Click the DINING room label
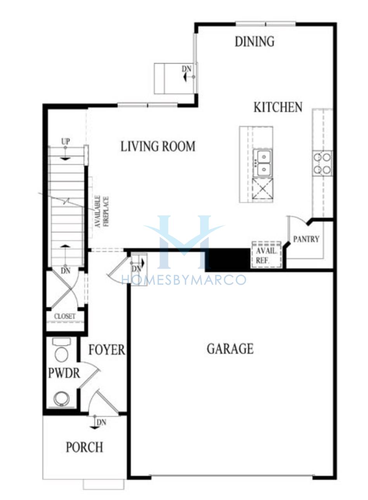pos(255,42)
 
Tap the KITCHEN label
pos(278,107)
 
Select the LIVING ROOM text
pos(158,147)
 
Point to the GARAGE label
pos(230,349)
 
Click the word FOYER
pos(107,350)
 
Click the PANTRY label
pos(306,239)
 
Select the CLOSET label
pos(65,316)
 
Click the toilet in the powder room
pos(62,350)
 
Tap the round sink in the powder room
pos(61,398)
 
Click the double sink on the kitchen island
pos(262,163)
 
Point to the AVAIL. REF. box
pos(266,254)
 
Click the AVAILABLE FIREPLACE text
pos(102,212)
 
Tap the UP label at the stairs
pos(66,141)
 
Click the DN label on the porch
pos(101,422)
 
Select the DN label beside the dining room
pos(186,69)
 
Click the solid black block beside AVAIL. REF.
pos(227,259)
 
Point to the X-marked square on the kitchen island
pos(262,189)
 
